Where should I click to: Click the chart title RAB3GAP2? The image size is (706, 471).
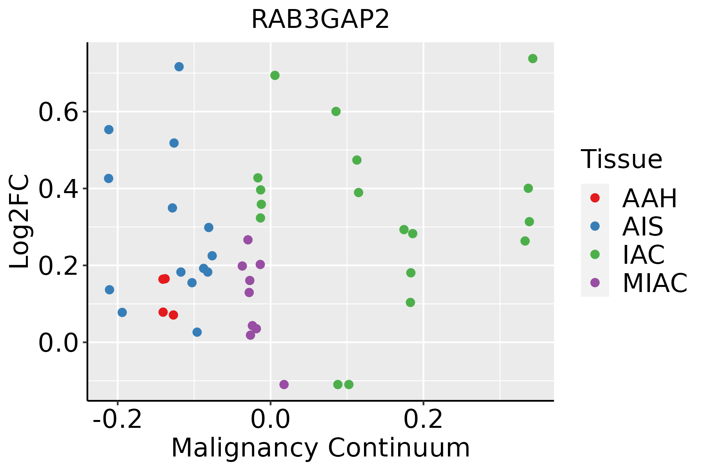[320, 19]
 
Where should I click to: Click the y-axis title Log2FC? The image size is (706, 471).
[20, 222]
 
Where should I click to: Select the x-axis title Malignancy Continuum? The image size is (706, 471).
[320, 448]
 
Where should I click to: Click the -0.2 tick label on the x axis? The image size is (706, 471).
[117, 420]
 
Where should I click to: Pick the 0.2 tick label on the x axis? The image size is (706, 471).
[424, 420]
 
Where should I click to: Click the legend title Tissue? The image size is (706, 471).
[622, 159]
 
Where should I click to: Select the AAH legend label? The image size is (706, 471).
[650, 198]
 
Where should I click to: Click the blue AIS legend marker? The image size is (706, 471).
[595, 226]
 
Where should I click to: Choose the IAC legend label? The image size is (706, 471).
[644, 255]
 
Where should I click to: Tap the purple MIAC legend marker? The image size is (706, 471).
[595, 283]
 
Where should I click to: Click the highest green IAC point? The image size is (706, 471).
[533, 58]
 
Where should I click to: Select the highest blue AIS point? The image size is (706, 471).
[179, 67]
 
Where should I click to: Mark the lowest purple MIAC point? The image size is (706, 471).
[284, 384]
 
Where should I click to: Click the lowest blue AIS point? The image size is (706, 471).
[197, 332]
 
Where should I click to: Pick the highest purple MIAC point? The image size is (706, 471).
[248, 240]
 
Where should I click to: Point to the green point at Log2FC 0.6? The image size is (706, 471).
[336, 111]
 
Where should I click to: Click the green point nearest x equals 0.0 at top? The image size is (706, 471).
[275, 75]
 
